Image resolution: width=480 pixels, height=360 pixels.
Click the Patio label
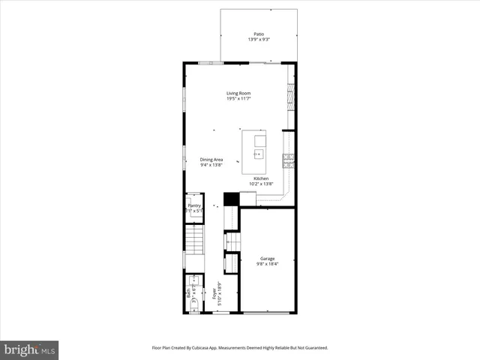click(x=259, y=34)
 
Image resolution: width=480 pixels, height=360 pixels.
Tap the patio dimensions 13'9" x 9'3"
click(x=259, y=39)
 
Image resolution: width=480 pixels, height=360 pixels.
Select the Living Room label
click(x=238, y=94)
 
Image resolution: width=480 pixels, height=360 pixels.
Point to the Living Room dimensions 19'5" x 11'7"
click(x=238, y=99)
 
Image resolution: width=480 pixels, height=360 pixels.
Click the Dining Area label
click(x=211, y=159)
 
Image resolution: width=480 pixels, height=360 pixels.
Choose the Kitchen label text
click(x=261, y=178)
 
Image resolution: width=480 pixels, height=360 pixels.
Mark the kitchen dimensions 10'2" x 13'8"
click(x=261, y=184)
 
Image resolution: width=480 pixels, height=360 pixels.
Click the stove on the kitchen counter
click(x=287, y=159)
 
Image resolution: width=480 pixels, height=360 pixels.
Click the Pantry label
click(x=194, y=205)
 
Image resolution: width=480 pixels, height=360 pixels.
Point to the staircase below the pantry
click(x=194, y=242)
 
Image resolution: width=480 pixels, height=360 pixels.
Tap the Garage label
click(x=267, y=259)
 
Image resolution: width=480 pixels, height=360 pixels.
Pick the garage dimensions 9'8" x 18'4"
click(x=267, y=264)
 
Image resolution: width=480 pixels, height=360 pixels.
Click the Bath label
click(x=188, y=295)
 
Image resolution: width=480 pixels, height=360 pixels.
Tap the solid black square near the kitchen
click(x=231, y=199)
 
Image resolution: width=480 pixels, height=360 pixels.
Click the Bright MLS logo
click(x=29, y=349)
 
